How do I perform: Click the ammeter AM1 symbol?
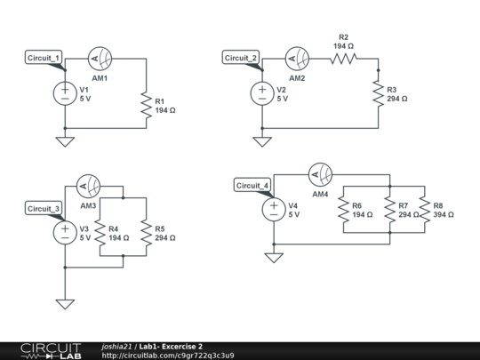point(100,60)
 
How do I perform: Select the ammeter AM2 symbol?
point(296,60)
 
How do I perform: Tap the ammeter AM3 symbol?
point(88,187)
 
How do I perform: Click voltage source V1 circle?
point(65,93)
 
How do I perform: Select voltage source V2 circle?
point(261,93)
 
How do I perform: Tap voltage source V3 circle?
point(65,233)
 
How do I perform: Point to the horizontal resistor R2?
point(343,60)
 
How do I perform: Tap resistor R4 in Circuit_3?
point(100,233)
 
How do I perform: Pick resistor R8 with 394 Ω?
point(424,210)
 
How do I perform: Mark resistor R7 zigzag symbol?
point(389,210)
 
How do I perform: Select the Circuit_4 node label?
point(252,185)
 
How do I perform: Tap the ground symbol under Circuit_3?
point(65,303)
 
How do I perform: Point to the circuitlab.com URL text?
point(168,356)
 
